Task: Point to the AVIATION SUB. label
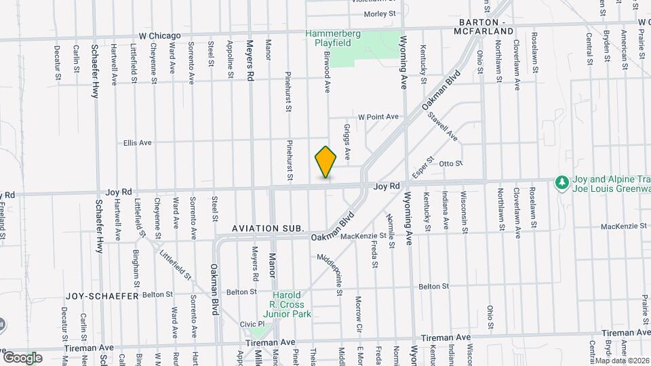point(268,229)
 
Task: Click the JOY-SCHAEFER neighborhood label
point(102,296)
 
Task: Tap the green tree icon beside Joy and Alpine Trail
point(561,182)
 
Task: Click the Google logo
point(22,358)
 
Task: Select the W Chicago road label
point(159,35)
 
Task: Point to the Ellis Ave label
point(137,143)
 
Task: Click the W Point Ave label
point(378,117)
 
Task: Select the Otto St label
point(450,163)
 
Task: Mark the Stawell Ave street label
point(443,127)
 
